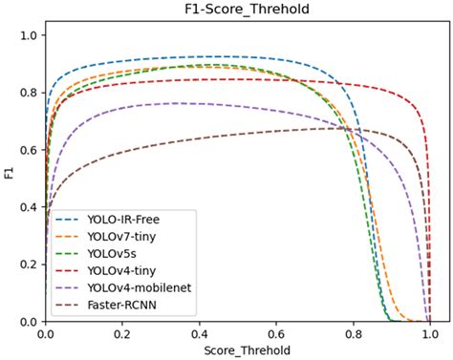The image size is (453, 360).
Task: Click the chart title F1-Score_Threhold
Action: pos(237,9)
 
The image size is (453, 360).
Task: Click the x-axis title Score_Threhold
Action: pos(237,351)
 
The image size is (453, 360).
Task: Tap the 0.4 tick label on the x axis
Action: pos(199,334)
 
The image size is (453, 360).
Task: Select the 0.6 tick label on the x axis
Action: pos(276,334)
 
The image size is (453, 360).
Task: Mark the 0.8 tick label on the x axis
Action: pos(353,334)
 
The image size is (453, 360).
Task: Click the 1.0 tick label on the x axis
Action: pos(429,334)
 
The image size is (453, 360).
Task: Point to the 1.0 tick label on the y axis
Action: pos(29,35)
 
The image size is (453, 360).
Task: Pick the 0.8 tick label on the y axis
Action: pos(29,93)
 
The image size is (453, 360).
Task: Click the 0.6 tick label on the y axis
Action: pos(29,150)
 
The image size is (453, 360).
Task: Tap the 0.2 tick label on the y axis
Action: pos(29,265)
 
